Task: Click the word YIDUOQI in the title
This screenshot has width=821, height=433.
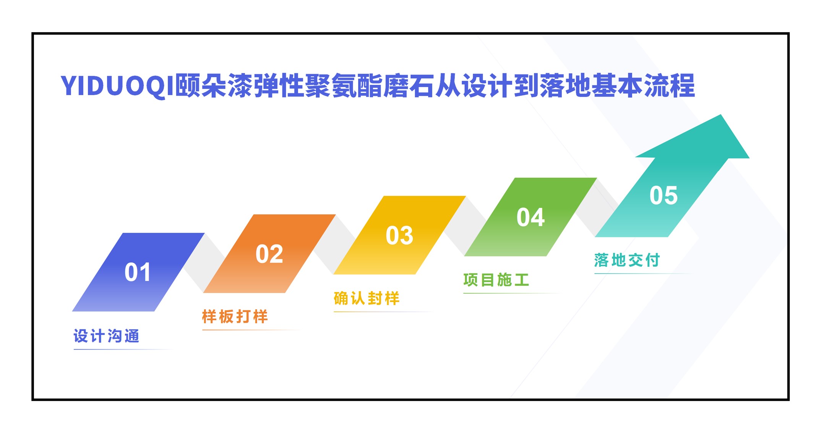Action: pos(117,86)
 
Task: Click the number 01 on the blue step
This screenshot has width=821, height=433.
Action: pos(138,272)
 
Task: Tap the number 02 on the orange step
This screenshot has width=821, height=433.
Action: pos(269,254)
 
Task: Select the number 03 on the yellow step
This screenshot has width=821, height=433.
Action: pos(399,235)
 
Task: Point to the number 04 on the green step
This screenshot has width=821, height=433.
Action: pos(531,217)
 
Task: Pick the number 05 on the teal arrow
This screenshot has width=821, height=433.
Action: pos(664,195)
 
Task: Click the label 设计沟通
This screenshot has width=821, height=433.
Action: pos(107,336)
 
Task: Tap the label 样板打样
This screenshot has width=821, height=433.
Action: pos(235,316)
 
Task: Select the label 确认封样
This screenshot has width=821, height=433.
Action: pos(367,298)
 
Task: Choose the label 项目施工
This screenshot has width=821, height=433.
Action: pos(496,280)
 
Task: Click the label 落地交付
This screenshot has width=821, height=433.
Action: pos(627,260)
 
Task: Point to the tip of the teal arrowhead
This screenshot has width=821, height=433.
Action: pos(721,115)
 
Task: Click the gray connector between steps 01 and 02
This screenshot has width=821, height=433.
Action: pos(204,263)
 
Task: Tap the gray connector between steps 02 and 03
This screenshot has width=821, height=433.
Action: pos(335,244)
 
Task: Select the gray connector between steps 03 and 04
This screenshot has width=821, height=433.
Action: pos(465,226)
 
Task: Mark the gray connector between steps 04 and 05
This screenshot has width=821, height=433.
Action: pos(596,208)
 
